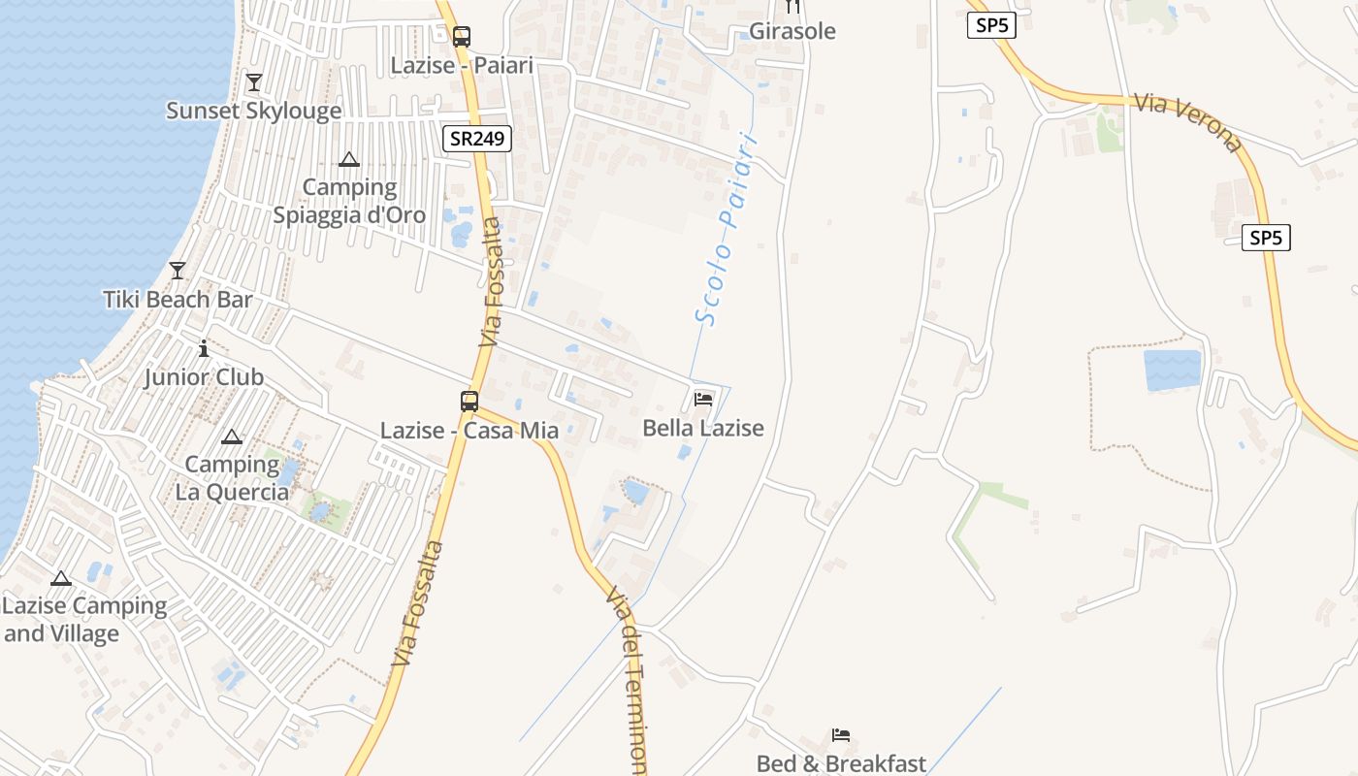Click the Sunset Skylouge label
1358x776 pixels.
point(254,111)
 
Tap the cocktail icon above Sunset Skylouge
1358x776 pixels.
point(254,82)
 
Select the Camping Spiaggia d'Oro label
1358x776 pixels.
point(349,201)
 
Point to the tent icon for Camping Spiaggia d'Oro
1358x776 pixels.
point(349,159)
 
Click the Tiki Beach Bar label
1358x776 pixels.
point(178,300)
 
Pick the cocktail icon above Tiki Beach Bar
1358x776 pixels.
point(178,270)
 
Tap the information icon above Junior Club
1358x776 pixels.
point(204,348)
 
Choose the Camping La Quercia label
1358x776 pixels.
point(232,478)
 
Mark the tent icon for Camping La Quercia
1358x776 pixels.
point(231,437)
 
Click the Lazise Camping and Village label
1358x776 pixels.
point(84,620)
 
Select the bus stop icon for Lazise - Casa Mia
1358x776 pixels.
point(469,401)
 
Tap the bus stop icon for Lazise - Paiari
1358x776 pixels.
point(462,37)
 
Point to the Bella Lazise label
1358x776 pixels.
point(703,428)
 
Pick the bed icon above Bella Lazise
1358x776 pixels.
point(703,399)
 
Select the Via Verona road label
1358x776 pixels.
point(1187,122)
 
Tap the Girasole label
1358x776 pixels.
point(792,31)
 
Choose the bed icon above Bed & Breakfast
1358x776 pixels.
point(841,735)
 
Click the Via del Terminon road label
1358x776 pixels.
point(628,679)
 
